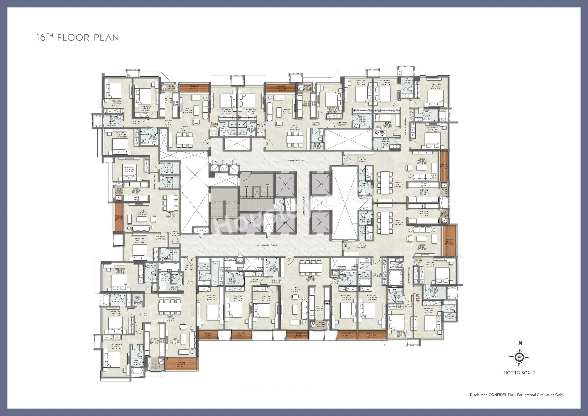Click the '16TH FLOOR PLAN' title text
78,38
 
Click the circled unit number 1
267,144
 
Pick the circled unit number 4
289,259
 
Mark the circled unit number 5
191,259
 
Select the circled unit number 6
177,240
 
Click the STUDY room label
387,123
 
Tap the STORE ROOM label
138,298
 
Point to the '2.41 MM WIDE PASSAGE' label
294,160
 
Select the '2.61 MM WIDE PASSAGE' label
268,245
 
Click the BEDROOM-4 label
372,296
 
